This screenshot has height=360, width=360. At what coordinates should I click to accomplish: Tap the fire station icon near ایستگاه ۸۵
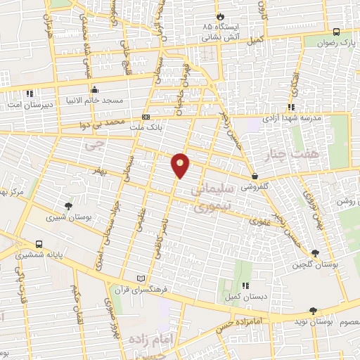tap(220, 15)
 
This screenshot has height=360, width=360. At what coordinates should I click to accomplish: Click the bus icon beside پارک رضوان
tap(337, 32)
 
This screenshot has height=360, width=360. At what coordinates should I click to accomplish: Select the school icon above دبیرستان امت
tap(30, 94)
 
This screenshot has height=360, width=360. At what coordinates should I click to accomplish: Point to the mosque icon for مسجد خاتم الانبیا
tap(95, 90)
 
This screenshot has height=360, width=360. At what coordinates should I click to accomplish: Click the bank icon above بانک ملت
tap(146, 117)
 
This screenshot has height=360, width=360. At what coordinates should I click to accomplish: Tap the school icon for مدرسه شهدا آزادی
tap(291, 107)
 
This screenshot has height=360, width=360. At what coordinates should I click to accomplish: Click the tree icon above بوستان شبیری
tap(68, 206)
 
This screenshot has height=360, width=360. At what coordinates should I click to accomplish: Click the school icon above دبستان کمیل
tap(245, 285)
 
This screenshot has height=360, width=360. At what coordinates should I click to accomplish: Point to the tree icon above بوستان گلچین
tap(314, 253)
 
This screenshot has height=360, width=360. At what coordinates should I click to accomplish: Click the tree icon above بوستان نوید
tap(313, 310)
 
